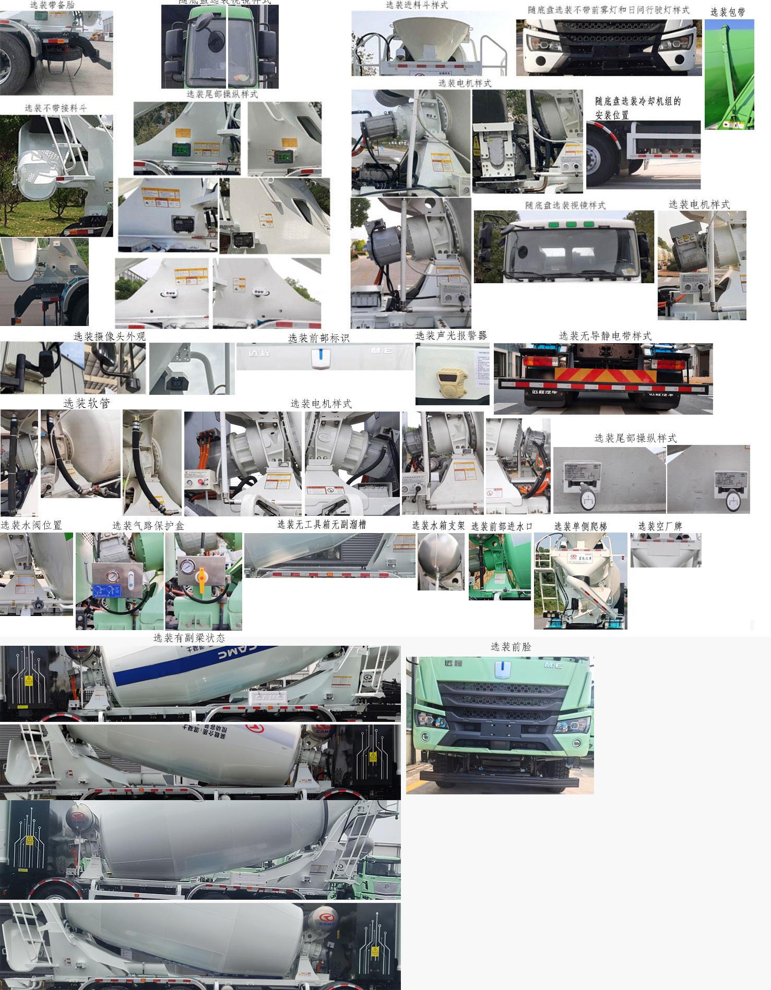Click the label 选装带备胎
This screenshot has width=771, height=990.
pos(52,5)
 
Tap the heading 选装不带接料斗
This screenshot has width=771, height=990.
pos(56,108)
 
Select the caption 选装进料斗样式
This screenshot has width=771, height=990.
pos(417,5)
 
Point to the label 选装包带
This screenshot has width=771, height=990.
pos(728,11)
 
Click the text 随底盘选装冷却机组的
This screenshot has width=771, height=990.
pos(638,101)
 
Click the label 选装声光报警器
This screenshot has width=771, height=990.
pos(451,335)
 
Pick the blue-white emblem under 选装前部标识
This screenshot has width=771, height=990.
pos(321,358)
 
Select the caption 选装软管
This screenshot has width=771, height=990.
pos(87,403)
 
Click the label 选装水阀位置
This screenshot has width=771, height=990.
pos(31,525)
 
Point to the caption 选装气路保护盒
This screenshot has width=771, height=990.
pos(148,526)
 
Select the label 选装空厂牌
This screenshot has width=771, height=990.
pos(660,526)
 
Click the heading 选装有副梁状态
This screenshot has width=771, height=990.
pos(189,638)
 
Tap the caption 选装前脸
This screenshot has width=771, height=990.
pos(511,647)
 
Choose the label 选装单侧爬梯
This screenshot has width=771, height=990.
pos(580,526)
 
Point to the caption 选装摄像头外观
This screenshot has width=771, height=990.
pos(110,336)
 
